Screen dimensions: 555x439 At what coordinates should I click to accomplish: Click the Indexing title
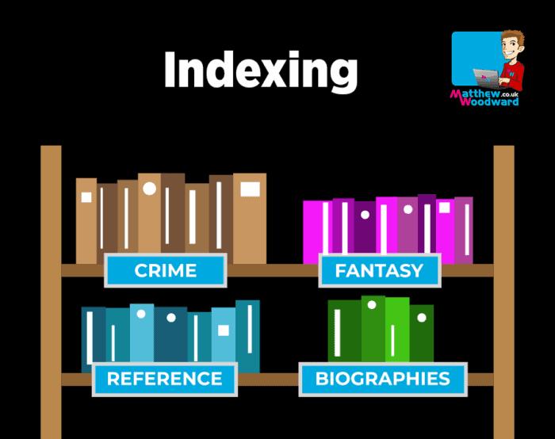click(260, 71)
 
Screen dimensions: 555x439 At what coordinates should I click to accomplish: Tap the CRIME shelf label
click(166, 270)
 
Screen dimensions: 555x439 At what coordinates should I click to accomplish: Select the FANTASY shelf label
click(379, 270)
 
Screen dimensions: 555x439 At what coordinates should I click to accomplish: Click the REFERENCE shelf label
click(165, 379)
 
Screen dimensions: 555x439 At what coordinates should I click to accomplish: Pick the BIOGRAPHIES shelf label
click(382, 379)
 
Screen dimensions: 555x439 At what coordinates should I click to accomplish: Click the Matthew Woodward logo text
click(484, 97)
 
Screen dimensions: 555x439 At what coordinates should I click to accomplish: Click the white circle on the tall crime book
click(149, 189)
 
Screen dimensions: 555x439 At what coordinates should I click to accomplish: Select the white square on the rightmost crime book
click(250, 189)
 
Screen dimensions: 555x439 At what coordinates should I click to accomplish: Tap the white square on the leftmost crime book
click(86, 197)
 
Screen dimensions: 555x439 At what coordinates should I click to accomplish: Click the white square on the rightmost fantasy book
click(445, 208)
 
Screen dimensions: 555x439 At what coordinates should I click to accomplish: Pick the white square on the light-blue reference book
click(224, 330)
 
